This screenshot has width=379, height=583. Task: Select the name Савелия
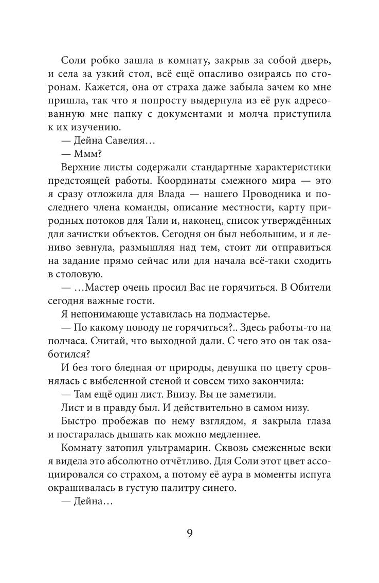[x=118, y=140]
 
